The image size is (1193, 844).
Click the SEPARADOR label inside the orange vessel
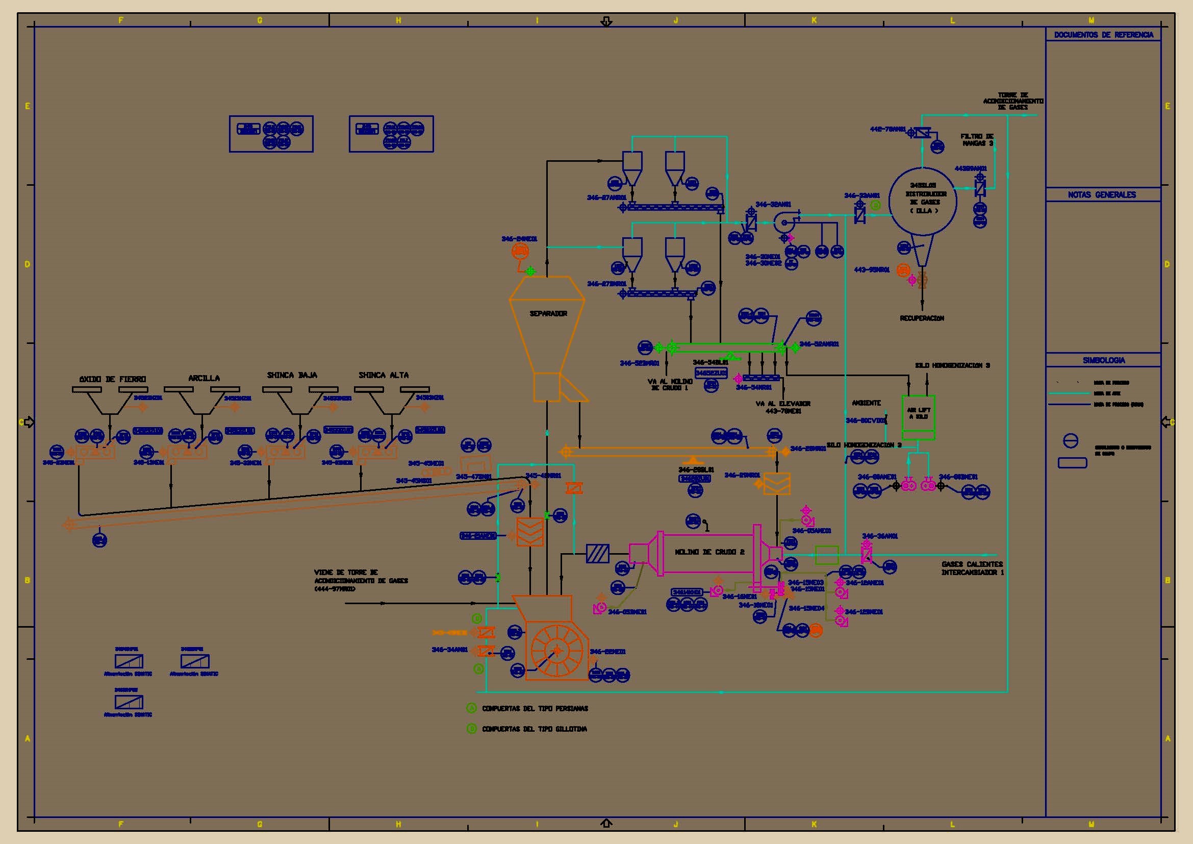coord(548,313)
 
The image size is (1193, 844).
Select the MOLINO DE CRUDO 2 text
coord(709,552)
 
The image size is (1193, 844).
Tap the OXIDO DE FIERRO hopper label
coord(113,379)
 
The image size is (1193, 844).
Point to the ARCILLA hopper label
coord(204,378)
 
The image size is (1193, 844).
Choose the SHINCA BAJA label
coord(292,375)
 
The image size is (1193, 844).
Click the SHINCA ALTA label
coord(384,375)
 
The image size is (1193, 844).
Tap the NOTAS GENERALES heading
coord(1102,194)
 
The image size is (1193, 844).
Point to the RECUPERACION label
coord(922,318)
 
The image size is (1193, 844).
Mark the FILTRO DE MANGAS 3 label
coord(977,140)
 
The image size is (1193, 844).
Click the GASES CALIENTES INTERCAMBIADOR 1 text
coord(972,568)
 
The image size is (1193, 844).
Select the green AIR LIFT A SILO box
coord(919,417)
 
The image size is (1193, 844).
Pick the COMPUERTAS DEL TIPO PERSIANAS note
coord(535,708)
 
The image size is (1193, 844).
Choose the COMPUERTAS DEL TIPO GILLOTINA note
coord(534,729)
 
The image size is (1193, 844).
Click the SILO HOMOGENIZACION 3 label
coord(952,365)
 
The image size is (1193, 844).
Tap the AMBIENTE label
coord(866,403)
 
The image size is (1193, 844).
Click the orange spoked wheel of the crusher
coord(557,650)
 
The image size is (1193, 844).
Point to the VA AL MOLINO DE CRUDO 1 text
coord(671,385)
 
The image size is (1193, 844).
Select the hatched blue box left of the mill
coord(598,554)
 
